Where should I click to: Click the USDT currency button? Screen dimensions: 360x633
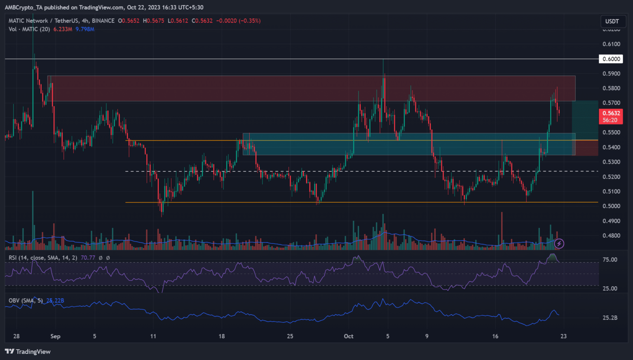click(x=612, y=21)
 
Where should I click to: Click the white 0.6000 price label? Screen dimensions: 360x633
click(x=611, y=59)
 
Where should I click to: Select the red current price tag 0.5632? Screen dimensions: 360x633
click(x=611, y=113)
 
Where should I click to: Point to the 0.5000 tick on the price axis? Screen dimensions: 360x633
click(x=611, y=206)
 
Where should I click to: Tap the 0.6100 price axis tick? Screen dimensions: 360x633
click(x=611, y=44)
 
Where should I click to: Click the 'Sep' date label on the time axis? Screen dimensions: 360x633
click(x=55, y=336)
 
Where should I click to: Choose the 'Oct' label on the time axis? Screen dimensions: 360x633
click(x=349, y=336)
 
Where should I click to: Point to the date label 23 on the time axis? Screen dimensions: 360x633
click(x=563, y=336)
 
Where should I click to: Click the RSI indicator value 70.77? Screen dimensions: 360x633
click(x=88, y=258)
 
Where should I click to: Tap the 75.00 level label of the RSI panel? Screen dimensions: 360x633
click(x=610, y=260)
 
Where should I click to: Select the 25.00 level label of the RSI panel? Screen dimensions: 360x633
click(x=610, y=288)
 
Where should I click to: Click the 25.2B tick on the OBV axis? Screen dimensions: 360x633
click(x=610, y=318)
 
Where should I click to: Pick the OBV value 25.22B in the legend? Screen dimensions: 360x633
click(x=55, y=301)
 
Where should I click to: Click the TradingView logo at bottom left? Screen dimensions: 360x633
click(x=28, y=351)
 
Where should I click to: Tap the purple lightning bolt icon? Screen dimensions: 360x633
click(x=559, y=244)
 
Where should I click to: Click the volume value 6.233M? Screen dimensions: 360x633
click(x=63, y=29)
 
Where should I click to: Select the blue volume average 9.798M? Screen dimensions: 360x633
click(x=85, y=29)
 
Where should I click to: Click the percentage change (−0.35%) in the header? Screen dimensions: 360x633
click(x=249, y=21)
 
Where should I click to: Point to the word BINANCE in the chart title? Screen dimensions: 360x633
click(x=103, y=21)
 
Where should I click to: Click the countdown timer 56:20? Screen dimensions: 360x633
click(x=610, y=120)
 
